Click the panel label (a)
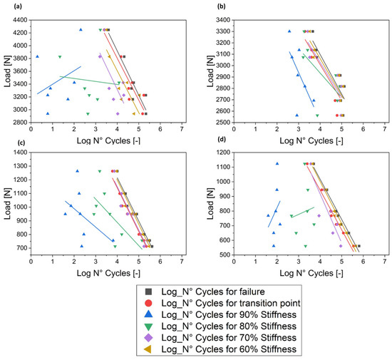[x=7, y=7]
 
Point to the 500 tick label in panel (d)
[x=218, y=254]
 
